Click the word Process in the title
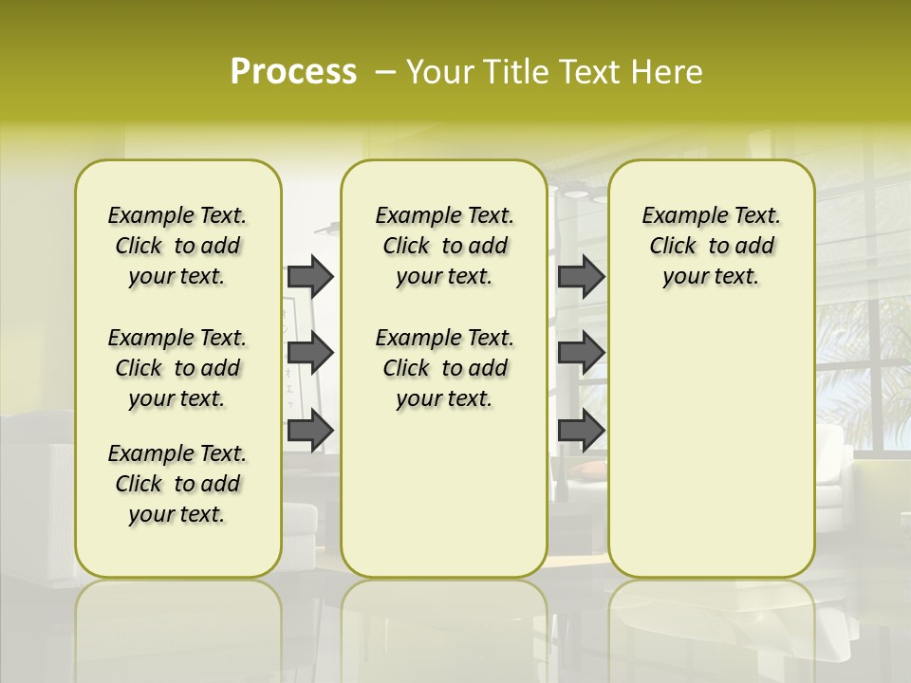coord(293,72)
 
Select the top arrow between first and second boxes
coord(310,276)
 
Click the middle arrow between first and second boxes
coord(310,353)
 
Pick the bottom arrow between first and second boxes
coord(310,430)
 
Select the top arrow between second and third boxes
coord(581,276)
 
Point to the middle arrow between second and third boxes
coord(581,353)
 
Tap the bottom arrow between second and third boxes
coord(581,430)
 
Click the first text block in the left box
coord(177,246)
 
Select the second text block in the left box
coord(177,368)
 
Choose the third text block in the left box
coord(177,484)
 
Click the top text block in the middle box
coord(444,246)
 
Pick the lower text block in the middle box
coord(444,368)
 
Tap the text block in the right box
coord(711,246)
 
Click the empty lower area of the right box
coord(711,446)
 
